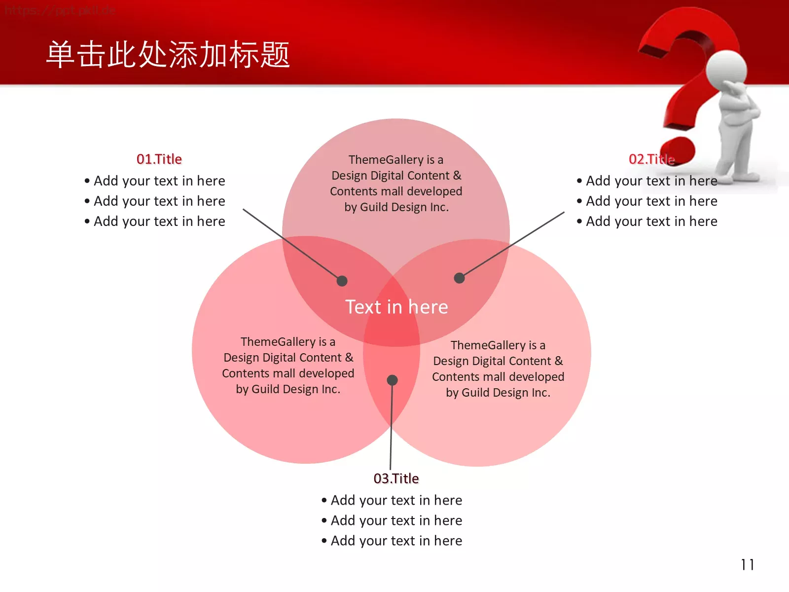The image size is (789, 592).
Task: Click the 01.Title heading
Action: [x=159, y=159]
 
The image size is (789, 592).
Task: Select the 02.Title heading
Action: [x=651, y=159]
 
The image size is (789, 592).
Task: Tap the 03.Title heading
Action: [x=396, y=479]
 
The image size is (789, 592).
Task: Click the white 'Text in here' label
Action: [x=396, y=306]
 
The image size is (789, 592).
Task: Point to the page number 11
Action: [x=747, y=565]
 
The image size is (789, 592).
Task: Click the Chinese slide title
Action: [x=168, y=54]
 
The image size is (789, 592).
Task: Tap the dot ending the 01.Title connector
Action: [x=342, y=281]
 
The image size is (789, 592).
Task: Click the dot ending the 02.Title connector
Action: [x=460, y=278]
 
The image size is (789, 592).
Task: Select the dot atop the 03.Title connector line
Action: [x=392, y=380]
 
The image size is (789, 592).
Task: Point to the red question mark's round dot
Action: [x=678, y=150]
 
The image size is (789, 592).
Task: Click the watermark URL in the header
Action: [x=60, y=10]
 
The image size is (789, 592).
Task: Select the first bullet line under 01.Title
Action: [x=154, y=181]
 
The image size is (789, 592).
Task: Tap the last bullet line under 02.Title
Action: [x=647, y=222]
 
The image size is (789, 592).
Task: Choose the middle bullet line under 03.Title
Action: [x=392, y=520]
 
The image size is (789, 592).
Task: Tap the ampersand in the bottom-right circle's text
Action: [x=558, y=361]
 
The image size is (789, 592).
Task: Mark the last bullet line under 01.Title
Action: [x=154, y=222]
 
